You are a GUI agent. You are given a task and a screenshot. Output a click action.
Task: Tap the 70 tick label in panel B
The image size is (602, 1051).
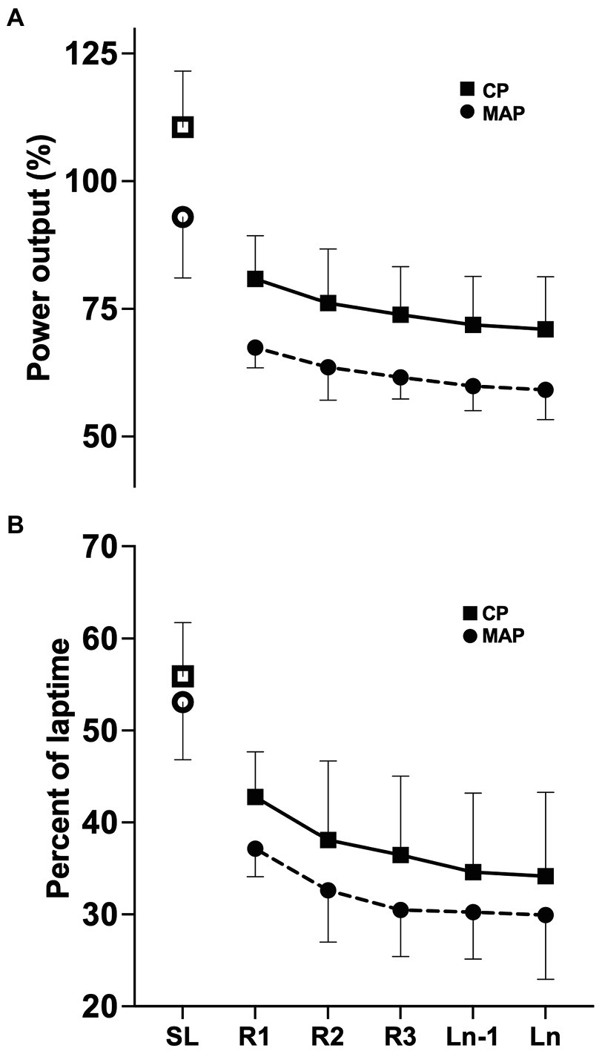100,547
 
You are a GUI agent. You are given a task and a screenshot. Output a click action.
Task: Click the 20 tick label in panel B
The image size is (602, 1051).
100,1006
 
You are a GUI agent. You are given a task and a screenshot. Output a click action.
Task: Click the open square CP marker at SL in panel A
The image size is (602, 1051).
182,128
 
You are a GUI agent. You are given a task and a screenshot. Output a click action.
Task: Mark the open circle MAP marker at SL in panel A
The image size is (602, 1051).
182,217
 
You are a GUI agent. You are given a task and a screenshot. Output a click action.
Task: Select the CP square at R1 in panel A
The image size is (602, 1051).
255,279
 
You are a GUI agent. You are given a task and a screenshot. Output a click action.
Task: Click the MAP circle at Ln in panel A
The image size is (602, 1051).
545,390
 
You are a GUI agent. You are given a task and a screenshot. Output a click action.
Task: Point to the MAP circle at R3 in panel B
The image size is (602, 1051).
400,910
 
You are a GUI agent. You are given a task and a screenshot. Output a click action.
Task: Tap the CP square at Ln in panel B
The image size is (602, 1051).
545,876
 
